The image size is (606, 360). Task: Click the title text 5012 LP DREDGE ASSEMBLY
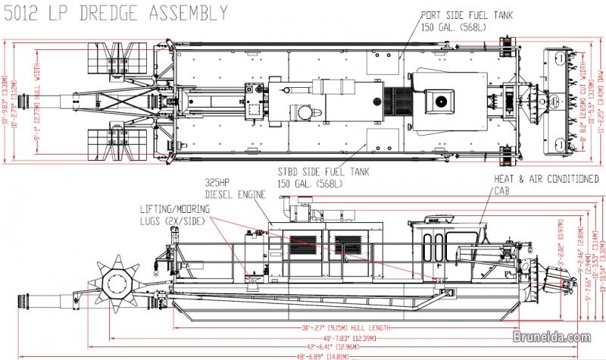point(114,12)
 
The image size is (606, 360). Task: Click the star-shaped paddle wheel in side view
point(120,283)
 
